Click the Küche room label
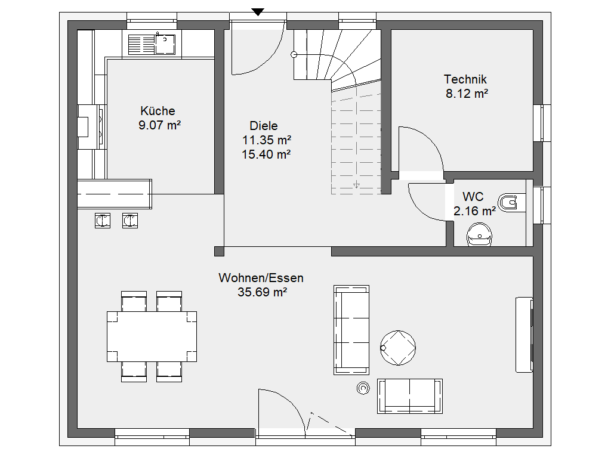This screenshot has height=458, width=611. [158, 111]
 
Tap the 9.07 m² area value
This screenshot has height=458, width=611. [159, 125]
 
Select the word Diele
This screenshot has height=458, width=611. [263, 126]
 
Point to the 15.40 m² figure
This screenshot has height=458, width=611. [266, 154]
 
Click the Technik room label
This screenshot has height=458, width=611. [465, 79]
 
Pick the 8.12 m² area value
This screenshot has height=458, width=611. [467, 94]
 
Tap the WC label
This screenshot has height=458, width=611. [473, 196]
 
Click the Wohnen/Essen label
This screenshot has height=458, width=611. [261, 278]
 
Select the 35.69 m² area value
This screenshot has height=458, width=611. [263, 292]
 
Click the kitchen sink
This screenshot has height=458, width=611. [152, 44]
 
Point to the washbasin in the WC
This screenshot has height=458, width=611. [479, 234]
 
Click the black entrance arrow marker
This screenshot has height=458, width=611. [258, 12]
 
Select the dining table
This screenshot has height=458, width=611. [152, 336]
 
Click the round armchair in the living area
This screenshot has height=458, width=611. [398, 348]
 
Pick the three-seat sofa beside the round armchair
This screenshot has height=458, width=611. [351, 330]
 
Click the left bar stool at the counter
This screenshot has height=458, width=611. [103, 221]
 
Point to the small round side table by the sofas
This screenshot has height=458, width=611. [363, 388]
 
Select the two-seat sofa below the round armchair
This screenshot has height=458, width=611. [409, 396]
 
